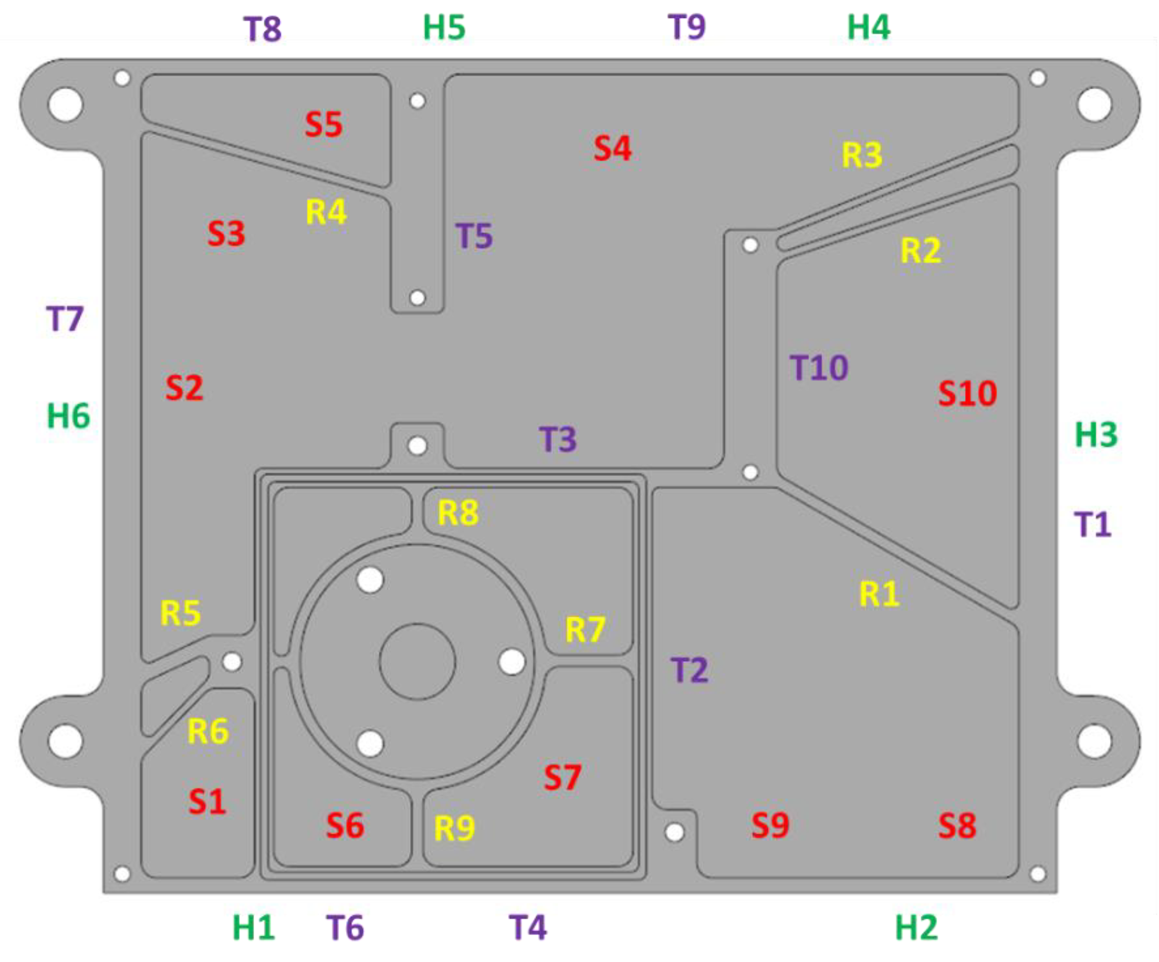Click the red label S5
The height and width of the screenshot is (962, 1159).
coord(324,124)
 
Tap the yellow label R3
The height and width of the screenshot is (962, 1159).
coord(862,154)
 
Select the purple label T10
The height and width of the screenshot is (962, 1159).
coord(819,368)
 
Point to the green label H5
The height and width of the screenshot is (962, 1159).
coord(444,28)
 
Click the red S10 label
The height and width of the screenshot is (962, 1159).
coord(967,394)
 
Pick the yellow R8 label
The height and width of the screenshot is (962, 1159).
coord(458,513)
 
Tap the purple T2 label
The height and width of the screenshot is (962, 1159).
coord(690,670)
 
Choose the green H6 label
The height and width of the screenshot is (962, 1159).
coord(68,416)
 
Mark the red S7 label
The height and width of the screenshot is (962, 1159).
coord(562,777)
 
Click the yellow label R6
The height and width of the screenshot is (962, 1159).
coord(208,731)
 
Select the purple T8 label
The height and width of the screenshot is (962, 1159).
coord(263,29)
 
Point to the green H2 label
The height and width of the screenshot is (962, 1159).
coord(916,927)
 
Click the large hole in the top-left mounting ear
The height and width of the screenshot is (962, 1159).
coord(66,104)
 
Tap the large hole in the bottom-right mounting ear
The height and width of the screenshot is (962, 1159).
coord(1094,741)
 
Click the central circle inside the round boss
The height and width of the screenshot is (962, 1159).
coord(417,662)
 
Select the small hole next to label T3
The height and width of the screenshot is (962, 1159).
coord(417,445)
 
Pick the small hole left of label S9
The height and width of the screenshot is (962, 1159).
coord(675,832)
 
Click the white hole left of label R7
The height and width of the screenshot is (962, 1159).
coord(512,662)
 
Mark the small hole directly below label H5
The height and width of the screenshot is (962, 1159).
coord(417,101)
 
